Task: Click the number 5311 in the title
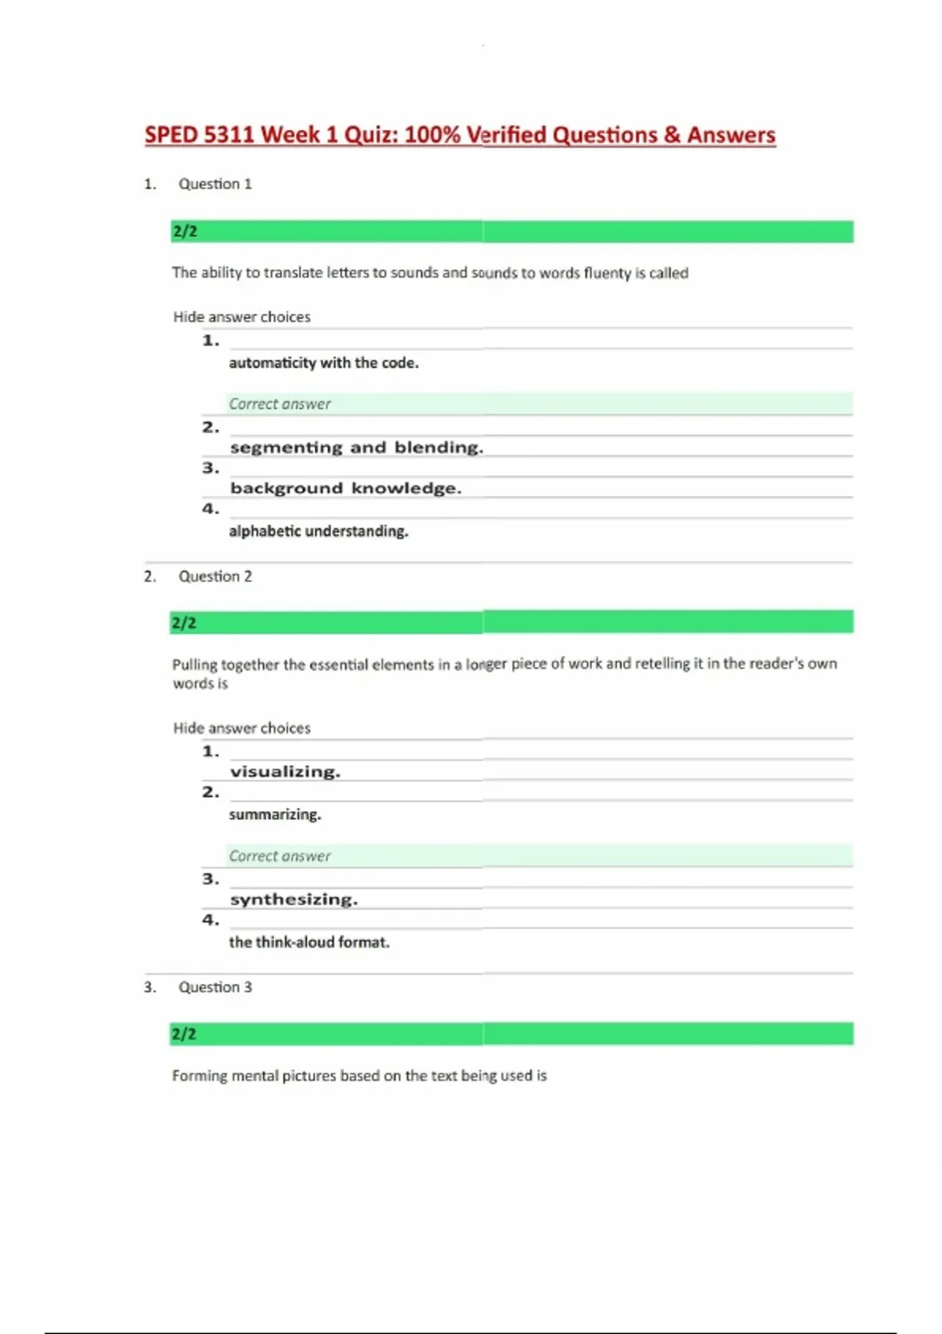[229, 135]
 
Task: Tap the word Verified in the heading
[506, 135]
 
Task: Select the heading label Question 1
[214, 184]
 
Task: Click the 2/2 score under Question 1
[184, 231]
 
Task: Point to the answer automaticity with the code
[323, 363]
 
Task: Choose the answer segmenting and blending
[356, 447]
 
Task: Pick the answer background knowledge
[345, 488]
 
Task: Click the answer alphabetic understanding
[318, 531]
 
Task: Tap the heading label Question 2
[214, 576]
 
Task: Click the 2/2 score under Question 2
[184, 623]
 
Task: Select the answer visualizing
[285, 771]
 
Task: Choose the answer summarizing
[275, 815]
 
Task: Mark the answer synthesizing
[294, 899]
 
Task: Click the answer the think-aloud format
[309, 942]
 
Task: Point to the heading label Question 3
[214, 987]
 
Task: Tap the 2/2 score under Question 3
[184, 1034]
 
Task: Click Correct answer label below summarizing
[279, 856]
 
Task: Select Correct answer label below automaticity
[279, 404]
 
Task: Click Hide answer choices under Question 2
[242, 728]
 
